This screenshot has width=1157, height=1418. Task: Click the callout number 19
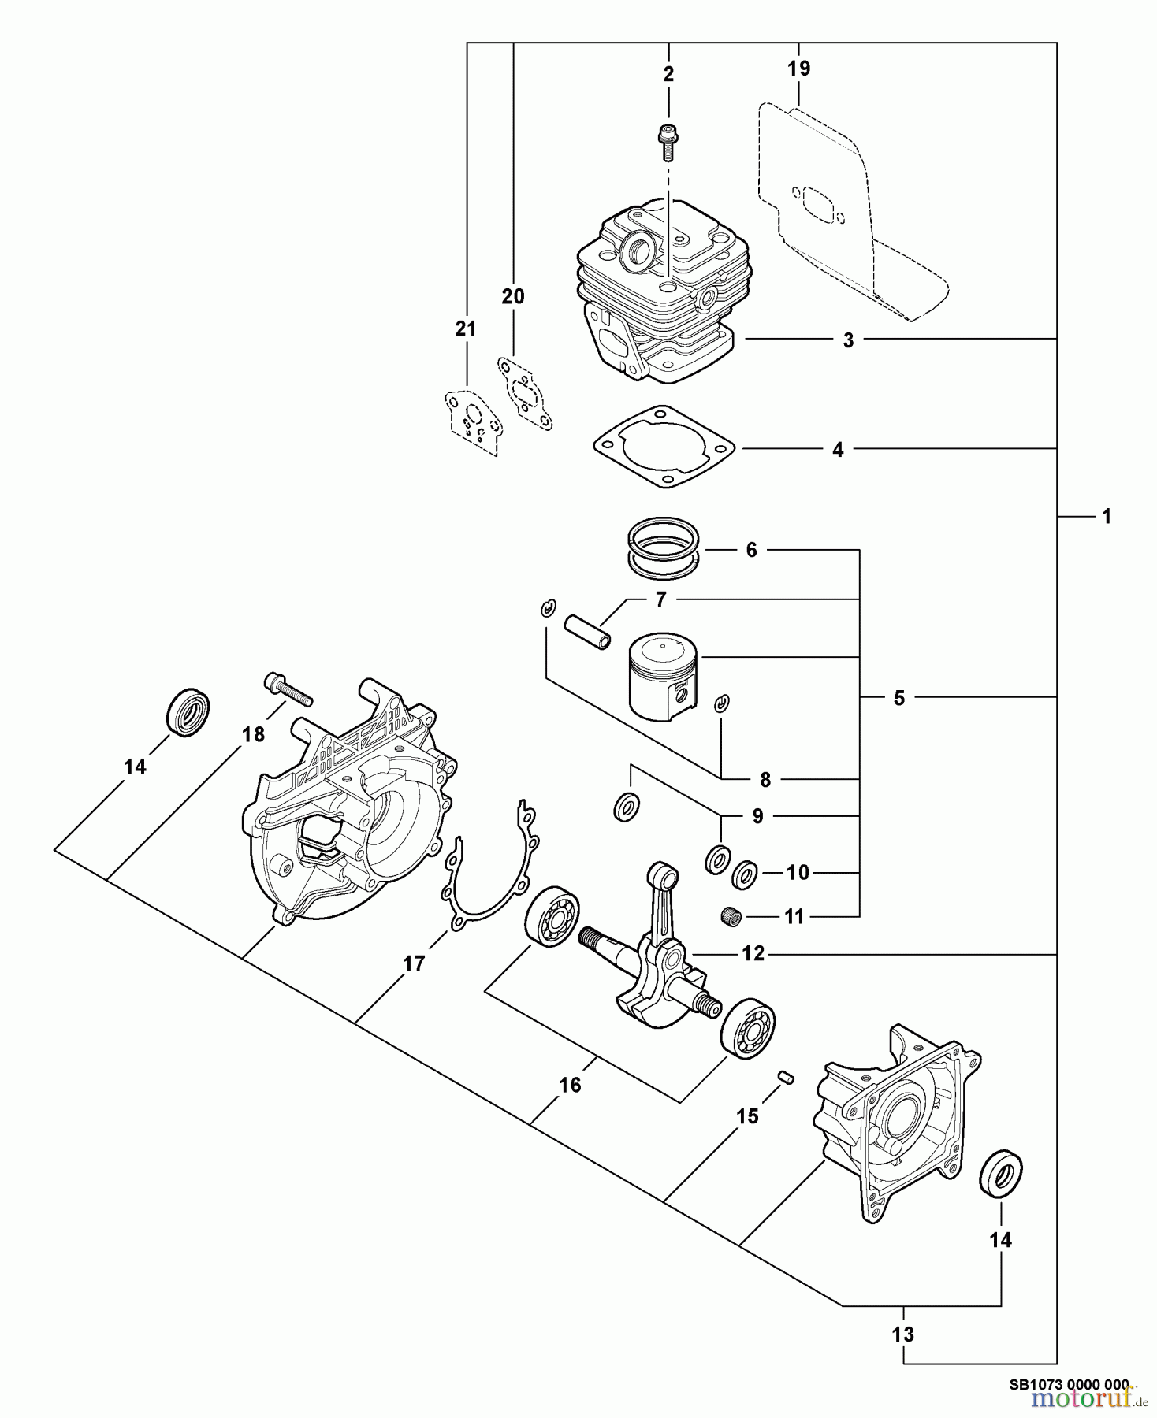tap(798, 69)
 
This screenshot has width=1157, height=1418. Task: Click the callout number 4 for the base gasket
tap(838, 450)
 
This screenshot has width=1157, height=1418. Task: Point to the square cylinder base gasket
tap(664, 449)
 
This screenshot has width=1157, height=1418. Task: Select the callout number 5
tap(899, 698)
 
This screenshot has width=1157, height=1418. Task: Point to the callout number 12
tap(753, 954)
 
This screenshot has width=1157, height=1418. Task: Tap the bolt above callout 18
tap(288, 690)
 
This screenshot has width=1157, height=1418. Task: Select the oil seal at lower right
tap(1000, 1175)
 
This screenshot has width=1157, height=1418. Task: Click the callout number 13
tap(903, 1334)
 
